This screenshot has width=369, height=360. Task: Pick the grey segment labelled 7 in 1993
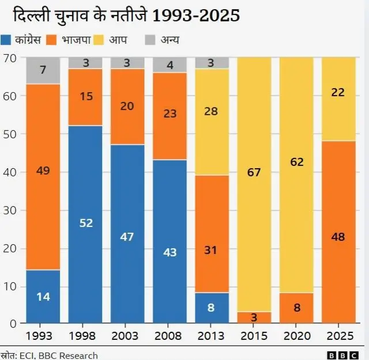[x=43, y=70]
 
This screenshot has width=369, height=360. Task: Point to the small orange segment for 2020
[x=296, y=308]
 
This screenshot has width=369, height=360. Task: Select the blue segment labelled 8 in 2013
[x=212, y=308]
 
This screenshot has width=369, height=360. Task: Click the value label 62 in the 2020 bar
[x=296, y=162]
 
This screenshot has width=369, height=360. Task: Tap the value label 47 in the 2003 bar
[x=127, y=237]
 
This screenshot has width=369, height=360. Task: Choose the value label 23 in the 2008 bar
[x=170, y=114]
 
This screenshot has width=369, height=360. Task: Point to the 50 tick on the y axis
[x=10, y=134]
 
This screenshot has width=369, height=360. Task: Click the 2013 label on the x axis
[x=212, y=335]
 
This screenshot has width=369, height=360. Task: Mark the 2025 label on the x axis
[x=338, y=335]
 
